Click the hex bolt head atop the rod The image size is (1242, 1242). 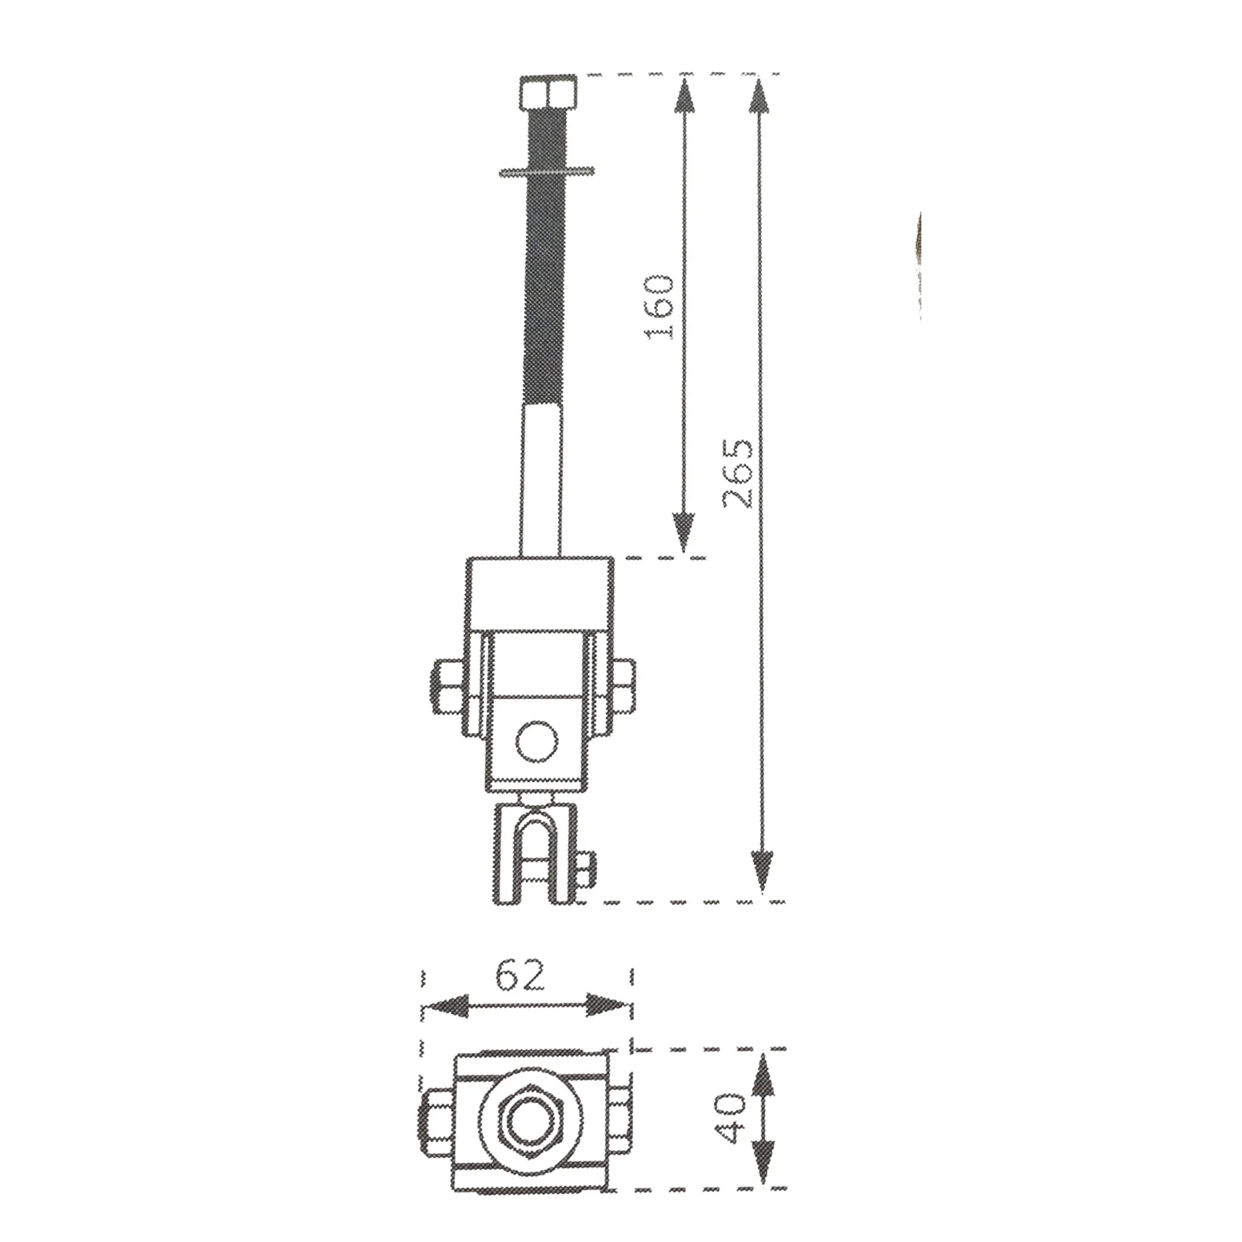click(x=548, y=92)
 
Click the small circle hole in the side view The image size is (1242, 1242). click(x=536, y=742)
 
